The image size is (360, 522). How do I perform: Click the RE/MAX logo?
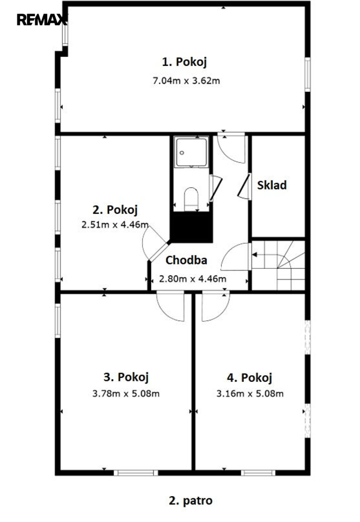[42, 20]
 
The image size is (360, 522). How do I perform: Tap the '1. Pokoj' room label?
[184, 62]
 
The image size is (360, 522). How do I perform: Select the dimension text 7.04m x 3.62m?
[186, 80]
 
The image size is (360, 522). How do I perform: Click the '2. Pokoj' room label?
[115, 210]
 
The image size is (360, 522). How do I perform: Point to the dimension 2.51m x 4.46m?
[115, 224]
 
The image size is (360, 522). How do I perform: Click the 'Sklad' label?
[272, 185]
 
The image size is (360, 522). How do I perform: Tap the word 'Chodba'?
[186, 260]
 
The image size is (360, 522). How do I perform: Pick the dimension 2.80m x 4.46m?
[192, 278]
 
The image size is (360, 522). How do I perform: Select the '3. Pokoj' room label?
[126, 377]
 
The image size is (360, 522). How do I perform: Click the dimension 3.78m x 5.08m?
[126, 394]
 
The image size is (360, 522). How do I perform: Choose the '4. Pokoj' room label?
[249, 377]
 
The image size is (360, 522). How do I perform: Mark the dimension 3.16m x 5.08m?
[250, 394]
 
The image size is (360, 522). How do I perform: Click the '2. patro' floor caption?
[191, 501]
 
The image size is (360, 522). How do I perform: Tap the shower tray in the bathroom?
[191, 152]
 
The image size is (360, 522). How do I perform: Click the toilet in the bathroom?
[191, 199]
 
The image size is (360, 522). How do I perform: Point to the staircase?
[278, 265]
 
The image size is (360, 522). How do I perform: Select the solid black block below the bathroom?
[191, 227]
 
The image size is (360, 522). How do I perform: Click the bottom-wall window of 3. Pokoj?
[136, 472]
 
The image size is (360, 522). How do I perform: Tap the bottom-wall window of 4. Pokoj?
[258, 472]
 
